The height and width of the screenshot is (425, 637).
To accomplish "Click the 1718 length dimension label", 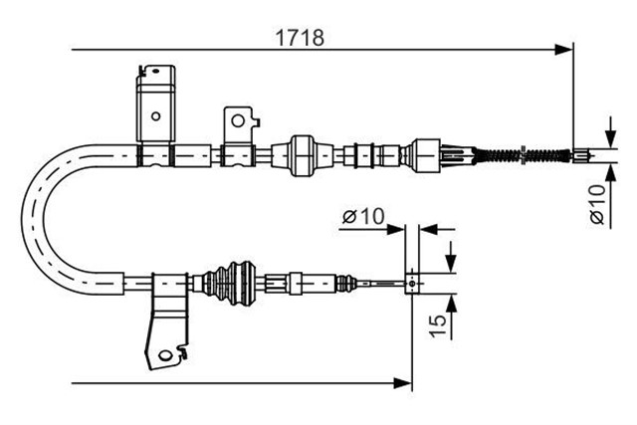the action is [300, 38].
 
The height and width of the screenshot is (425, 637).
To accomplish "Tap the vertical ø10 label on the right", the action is [597, 204].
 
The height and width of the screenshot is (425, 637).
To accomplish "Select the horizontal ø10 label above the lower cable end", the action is [363, 216].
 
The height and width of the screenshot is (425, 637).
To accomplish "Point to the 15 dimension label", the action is [438, 325].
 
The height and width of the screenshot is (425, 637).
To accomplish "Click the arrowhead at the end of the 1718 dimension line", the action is [564, 50].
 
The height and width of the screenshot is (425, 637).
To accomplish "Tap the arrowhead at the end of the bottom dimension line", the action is [403, 382].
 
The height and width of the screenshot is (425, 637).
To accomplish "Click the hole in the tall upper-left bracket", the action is [155, 116].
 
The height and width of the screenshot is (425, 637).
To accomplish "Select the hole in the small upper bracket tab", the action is [238, 120].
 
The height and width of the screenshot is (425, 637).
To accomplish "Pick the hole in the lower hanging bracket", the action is [165, 355].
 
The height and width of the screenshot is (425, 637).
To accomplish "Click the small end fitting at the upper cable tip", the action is [580, 155].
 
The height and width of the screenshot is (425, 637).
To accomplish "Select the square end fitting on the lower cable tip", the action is [412, 283].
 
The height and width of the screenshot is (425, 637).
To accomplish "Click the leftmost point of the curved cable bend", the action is [22, 219].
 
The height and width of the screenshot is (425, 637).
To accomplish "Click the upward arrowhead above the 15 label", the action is [451, 304].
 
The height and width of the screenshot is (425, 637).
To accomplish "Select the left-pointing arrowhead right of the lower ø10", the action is [428, 229].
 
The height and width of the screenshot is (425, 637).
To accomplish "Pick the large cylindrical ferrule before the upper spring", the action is [426, 155].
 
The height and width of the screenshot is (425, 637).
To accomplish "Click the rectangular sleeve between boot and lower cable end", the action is [296, 283].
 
